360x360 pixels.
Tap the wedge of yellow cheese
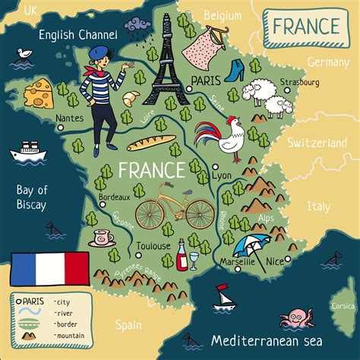(x=40, y=93)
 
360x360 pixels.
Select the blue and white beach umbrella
(x=249, y=245)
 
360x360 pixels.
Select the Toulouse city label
(x=153, y=246)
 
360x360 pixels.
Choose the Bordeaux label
(x=115, y=196)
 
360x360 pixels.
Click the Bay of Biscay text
(x=33, y=197)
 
